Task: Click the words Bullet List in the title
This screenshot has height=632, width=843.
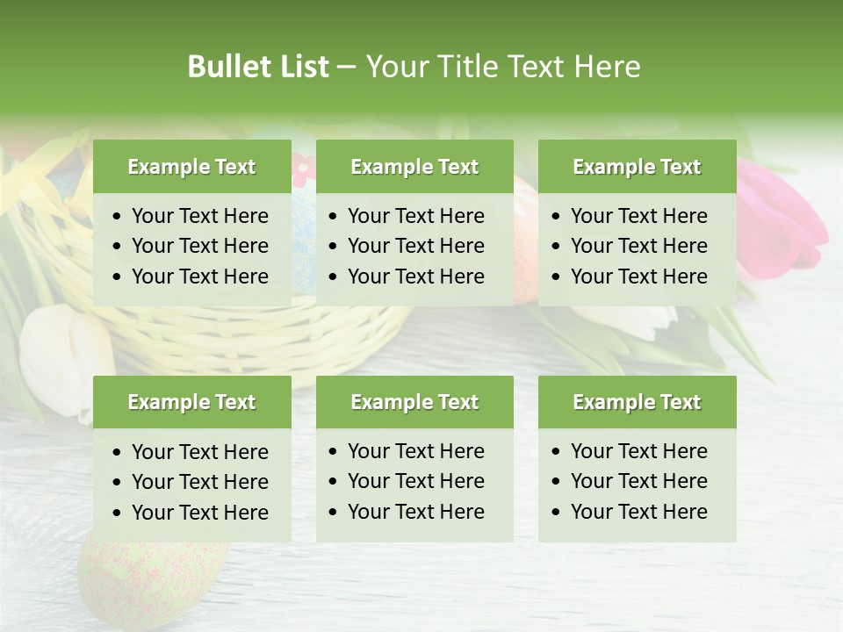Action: [257, 67]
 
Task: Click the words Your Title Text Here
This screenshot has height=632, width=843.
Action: [502, 67]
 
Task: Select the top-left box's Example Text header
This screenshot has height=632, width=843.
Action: [191, 167]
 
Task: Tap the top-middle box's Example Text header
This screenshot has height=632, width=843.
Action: [414, 167]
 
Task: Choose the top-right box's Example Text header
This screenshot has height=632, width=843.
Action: [637, 167]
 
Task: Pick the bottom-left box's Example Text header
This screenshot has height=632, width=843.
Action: [191, 402]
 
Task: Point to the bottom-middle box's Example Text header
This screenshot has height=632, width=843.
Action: [414, 402]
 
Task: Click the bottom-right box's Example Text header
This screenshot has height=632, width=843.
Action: [637, 402]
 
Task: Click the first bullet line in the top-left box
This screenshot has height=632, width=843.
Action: [199, 216]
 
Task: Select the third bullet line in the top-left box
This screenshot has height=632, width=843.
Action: [199, 276]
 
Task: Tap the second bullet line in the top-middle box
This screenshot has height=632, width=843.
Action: [415, 246]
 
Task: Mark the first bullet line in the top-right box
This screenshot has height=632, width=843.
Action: [638, 216]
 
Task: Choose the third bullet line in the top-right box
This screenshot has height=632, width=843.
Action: [638, 276]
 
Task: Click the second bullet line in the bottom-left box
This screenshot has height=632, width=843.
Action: [199, 482]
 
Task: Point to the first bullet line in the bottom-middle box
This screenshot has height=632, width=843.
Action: [415, 451]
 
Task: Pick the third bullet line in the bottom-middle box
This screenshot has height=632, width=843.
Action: [415, 512]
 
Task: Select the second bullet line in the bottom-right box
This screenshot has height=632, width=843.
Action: [638, 481]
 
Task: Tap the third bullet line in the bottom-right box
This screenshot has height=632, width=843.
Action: [638, 512]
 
